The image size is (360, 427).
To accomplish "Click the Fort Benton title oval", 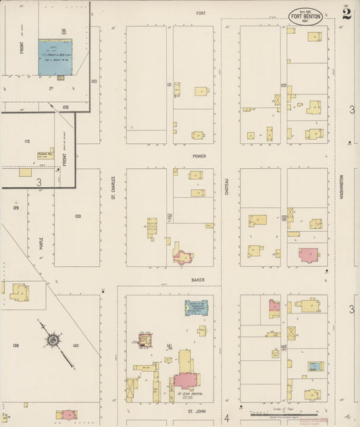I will click(306, 16).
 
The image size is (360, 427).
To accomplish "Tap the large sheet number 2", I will click(346, 14).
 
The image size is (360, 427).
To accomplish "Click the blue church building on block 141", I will click(196, 308).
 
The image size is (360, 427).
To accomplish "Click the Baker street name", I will click(197, 279).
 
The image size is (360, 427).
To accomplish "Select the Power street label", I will click(199, 156).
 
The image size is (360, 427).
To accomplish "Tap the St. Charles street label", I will click(113, 188).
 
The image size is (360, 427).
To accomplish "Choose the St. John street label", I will click(196, 411).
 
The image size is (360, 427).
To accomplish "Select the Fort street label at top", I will click(201, 13).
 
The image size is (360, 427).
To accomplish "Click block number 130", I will click(78, 216).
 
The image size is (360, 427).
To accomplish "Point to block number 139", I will click(15, 345).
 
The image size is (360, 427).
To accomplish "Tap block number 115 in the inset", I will click(27, 141).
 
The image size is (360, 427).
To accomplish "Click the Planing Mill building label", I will click(45, 154).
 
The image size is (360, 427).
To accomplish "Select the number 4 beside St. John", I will click(227, 418).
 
